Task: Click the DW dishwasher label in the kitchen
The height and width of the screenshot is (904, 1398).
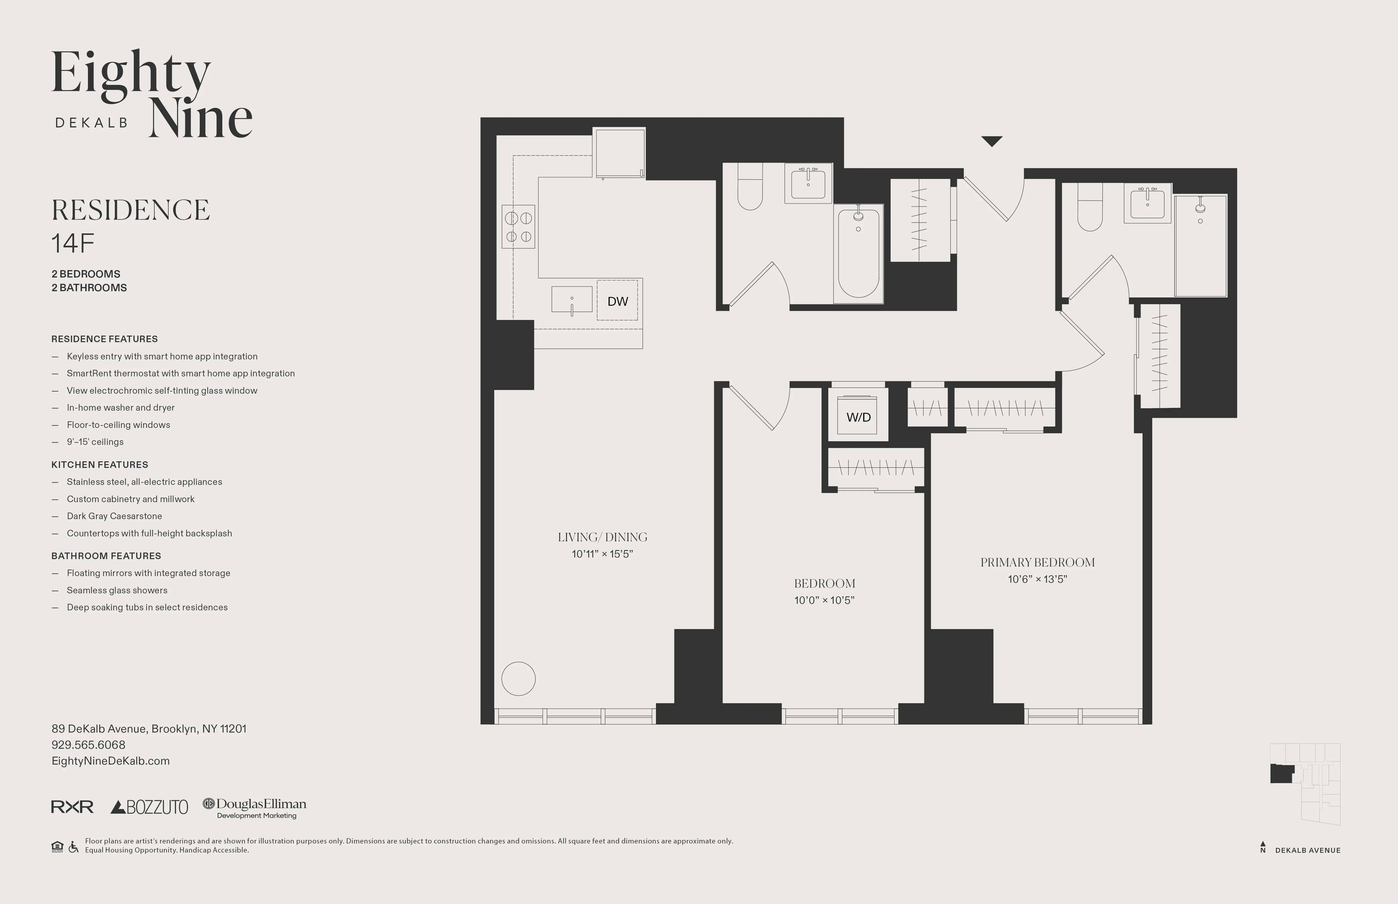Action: tap(617, 301)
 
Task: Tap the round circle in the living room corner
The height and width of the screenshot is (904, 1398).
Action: tap(518, 679)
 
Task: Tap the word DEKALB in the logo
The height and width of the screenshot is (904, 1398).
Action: tap(91, 123)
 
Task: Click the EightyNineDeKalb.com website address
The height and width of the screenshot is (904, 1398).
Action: tap(110, 761)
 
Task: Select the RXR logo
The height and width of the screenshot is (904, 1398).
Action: tap(72, 807)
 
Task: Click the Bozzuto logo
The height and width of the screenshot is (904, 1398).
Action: tap(149, 807)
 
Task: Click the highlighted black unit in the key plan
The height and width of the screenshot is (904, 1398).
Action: tap(1281, 774)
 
